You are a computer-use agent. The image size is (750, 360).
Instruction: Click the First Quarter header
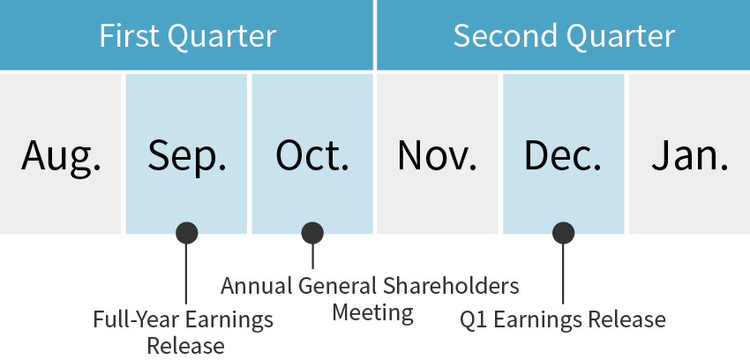tap(187, 36)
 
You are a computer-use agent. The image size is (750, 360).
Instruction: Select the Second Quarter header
tap(564, 36)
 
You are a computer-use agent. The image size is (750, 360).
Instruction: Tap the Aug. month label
tap(61, 155)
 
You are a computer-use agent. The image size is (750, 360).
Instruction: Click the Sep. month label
tap(186, 155)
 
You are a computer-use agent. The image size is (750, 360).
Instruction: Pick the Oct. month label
tap(312, 155)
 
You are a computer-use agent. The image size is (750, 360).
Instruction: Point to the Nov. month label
tap(437, 155)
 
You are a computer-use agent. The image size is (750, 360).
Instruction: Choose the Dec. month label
tap(563, 155)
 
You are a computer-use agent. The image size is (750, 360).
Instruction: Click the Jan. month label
tap(690, 155)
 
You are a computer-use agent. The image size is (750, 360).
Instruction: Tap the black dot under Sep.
tap(186, 233)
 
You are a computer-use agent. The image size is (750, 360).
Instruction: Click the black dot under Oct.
tap(312, 233)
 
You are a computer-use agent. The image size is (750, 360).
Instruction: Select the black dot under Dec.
tap(564, 233)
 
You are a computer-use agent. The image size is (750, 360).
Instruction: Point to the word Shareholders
tap(451, 286)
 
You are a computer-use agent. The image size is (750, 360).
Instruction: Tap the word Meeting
tap(372, 313)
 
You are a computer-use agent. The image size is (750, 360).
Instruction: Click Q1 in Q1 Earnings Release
tap(474, 319)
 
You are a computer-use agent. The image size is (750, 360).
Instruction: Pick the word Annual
tap(257, 286)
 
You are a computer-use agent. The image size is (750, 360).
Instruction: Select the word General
tap(337, 286)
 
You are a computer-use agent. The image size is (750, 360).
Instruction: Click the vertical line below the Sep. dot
tap(186, 274)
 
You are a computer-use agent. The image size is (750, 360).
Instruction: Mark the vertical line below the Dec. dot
tap(564, 274)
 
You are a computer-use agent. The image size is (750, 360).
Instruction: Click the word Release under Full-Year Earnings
tap(185, 346)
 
